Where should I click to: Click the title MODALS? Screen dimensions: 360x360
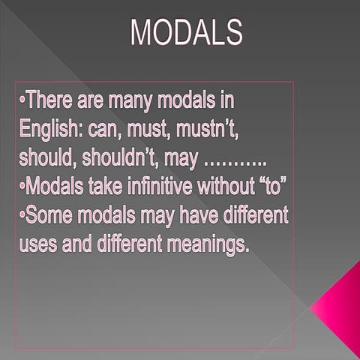(186, 32)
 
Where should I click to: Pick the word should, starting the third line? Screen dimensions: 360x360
(46, 158)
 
